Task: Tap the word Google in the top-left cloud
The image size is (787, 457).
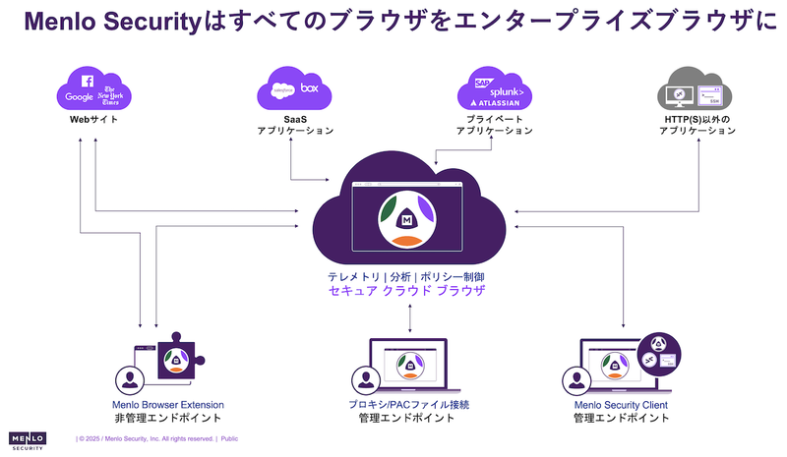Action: click(79, 96)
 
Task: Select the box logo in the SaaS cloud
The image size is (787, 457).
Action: click(310, 88)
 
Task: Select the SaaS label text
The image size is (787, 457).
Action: click(295, 118)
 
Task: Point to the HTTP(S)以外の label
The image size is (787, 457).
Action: click(696, 118)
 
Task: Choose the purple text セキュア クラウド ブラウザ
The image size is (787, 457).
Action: click(408, 293)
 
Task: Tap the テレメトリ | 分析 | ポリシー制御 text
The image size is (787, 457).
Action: click(408, 278)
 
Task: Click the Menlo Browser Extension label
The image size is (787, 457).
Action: click(167, 404)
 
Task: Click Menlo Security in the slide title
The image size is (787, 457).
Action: click(114, 22)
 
